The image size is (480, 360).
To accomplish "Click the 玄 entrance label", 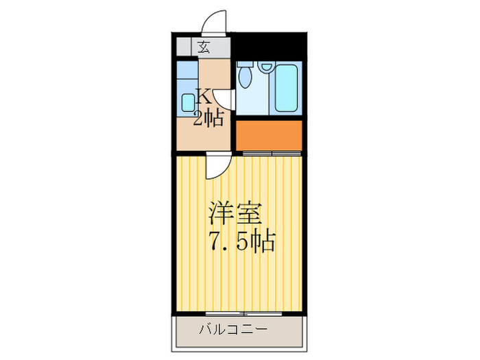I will (x=204, y=47).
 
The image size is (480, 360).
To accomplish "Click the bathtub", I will (x=285, y=88).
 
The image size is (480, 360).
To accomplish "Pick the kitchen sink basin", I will (x=188, y=102).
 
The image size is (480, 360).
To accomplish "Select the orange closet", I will (x=269, y=135).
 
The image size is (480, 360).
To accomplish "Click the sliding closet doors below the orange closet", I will (x=272, y=152).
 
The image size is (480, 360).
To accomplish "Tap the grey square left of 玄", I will (x=184, y=48).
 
